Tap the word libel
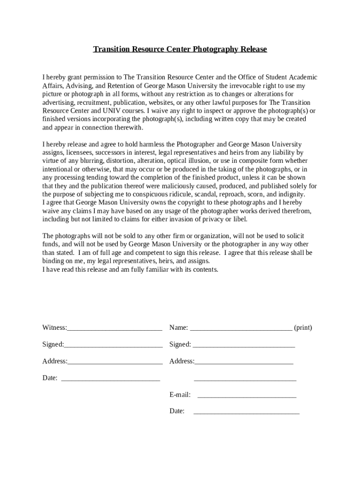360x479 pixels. (239, 219)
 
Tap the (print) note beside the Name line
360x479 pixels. (303, 327)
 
